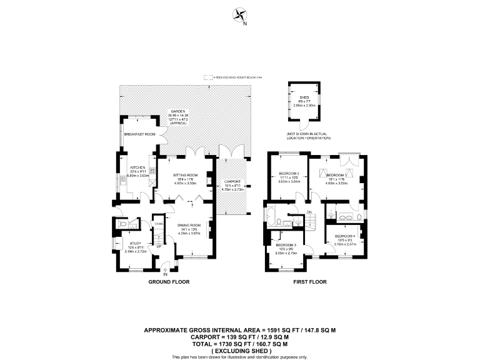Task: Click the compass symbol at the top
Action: point(239,15)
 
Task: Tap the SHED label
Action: point(304,97)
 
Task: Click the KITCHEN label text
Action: point(137,168)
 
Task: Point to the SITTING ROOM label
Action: point(185,175)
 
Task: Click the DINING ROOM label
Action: point(188,225)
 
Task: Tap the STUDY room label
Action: point(136,243)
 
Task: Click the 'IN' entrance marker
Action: point(166,274)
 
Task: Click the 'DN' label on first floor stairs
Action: point(309,212)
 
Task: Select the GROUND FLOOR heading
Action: point(168,282)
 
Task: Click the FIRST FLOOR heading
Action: point(310,282)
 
